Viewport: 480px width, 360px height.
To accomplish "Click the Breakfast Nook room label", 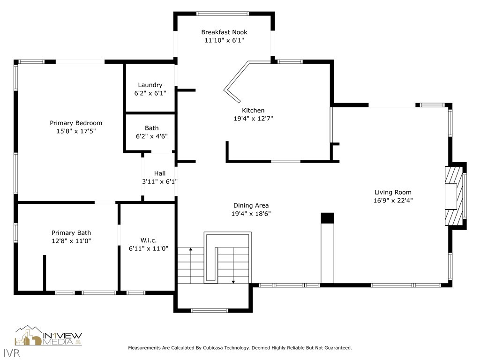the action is (224, 32).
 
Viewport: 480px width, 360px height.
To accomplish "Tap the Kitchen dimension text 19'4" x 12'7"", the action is (253, 119).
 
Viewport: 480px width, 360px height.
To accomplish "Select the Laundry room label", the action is (150, 85).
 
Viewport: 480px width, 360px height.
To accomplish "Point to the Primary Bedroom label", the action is (76, 123).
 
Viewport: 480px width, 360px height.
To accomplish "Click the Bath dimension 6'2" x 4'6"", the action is (152, 136).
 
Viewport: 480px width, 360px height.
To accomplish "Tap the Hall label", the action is (160, 173).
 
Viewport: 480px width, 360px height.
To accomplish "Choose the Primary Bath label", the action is (71, 233).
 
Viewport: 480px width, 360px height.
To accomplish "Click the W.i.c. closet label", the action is (149, 240).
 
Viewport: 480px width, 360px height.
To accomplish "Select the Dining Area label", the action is (251, 206).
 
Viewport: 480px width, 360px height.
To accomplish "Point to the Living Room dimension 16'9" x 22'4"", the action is (393, 201).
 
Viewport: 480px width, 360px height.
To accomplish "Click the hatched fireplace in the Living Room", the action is (454, 196).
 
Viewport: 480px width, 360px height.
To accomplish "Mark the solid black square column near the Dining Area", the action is (327, 218).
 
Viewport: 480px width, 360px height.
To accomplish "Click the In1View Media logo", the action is (48, 336).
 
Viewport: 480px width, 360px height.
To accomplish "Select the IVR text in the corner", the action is (12, 353).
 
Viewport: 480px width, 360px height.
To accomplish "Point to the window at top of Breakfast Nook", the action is (223, 14).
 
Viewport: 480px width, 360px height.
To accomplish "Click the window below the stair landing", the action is (210, 310).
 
